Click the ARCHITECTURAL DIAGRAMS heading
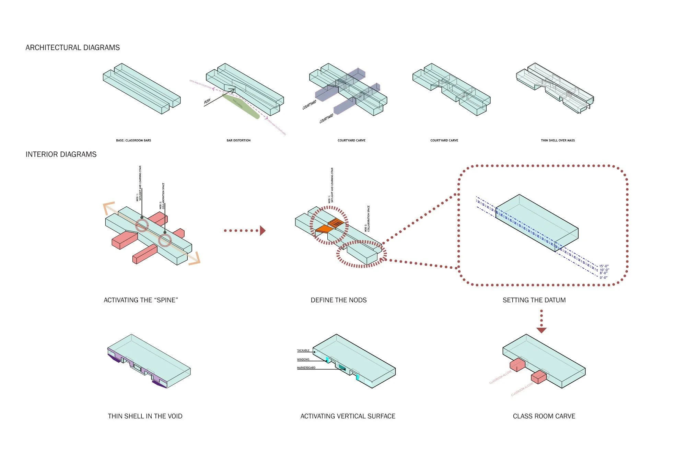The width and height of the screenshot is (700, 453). tap(72, 48)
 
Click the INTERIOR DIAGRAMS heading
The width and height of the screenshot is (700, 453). tap(61, 154)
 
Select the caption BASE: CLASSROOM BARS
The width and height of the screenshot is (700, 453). tap(133, 140)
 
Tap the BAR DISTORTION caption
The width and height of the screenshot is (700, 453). tap(238, 140)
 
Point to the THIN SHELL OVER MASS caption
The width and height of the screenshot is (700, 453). tap(558, 140)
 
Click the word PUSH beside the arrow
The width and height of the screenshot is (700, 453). tap(207, 101)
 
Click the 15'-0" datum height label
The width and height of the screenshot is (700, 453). tap(604, 266)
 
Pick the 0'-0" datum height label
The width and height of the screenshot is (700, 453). tap(604, 278)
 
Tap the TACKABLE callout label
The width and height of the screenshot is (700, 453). tap(303, 350)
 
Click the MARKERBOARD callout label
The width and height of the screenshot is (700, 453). tap(306, 368)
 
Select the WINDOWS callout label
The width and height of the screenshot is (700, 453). tap(303, 359)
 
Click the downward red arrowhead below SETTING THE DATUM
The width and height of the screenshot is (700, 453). tap(541, 330)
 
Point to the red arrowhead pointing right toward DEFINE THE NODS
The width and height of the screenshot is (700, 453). tap(262, 231)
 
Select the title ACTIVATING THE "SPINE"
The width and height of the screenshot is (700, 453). tap(141, 300)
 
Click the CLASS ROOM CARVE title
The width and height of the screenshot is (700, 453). tap(544, 416)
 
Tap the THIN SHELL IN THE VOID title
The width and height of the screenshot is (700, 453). tap(145, 416)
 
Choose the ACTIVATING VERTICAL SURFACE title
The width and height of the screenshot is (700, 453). tap(348, 416)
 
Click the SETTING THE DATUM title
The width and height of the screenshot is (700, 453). tap(534, 300)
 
